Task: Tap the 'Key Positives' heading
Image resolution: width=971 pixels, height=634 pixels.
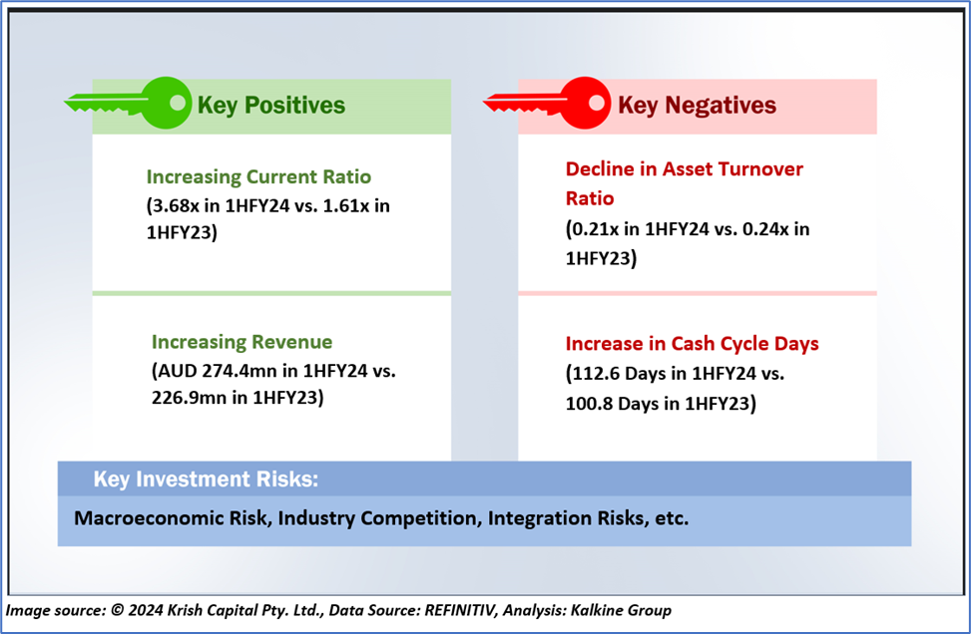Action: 271,105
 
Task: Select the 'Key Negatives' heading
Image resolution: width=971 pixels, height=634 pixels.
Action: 697,105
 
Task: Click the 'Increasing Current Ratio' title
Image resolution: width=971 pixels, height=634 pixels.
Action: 258,176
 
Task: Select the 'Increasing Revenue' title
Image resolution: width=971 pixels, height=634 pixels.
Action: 243,342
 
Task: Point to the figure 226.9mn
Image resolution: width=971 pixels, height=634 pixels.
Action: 189,398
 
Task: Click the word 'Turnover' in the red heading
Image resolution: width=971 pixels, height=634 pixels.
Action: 763,168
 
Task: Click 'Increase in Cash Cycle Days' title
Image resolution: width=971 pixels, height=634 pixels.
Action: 693,344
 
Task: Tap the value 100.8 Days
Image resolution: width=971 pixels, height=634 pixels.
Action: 620,404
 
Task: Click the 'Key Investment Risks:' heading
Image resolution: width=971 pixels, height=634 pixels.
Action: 207,479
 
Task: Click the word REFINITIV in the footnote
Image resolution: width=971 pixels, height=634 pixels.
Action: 460,610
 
